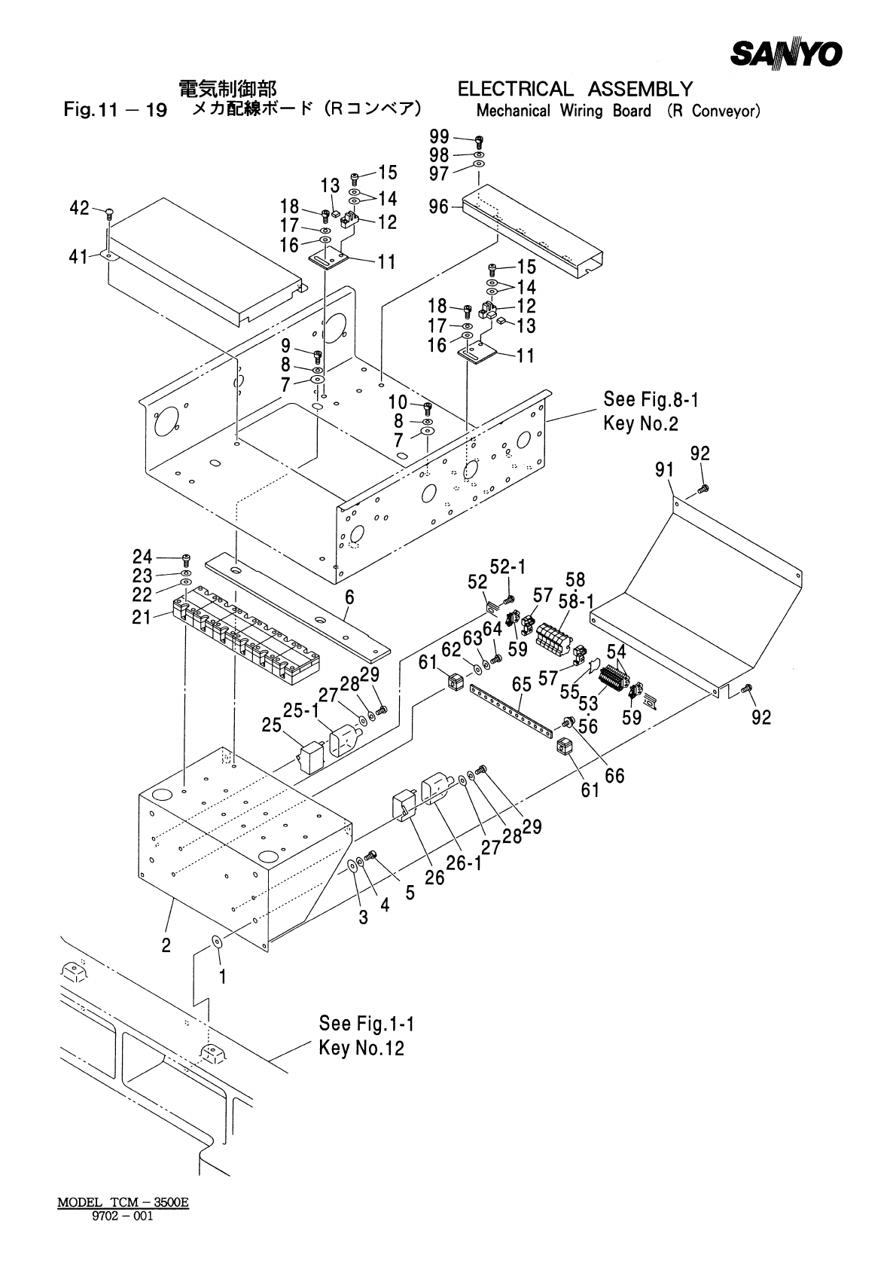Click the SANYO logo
click(786, 53)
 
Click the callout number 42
click(79, 208)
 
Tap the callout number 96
click(439, 207)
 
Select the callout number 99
click(439, 136)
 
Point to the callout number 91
click(665, 469)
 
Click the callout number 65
click(522, 685)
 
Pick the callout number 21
click(142, 617)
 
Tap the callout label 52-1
click(507, 566)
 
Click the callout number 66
click(614, 775)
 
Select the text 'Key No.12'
click(362, 1048)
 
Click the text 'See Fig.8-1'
click(651, 399)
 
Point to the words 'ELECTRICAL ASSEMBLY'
click(575, 89)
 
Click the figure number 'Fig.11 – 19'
click(115, 109)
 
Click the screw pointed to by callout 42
click(108, 213)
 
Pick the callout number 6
click(349, 597)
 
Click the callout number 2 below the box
click(166, 945)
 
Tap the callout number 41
click(78, 257)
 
